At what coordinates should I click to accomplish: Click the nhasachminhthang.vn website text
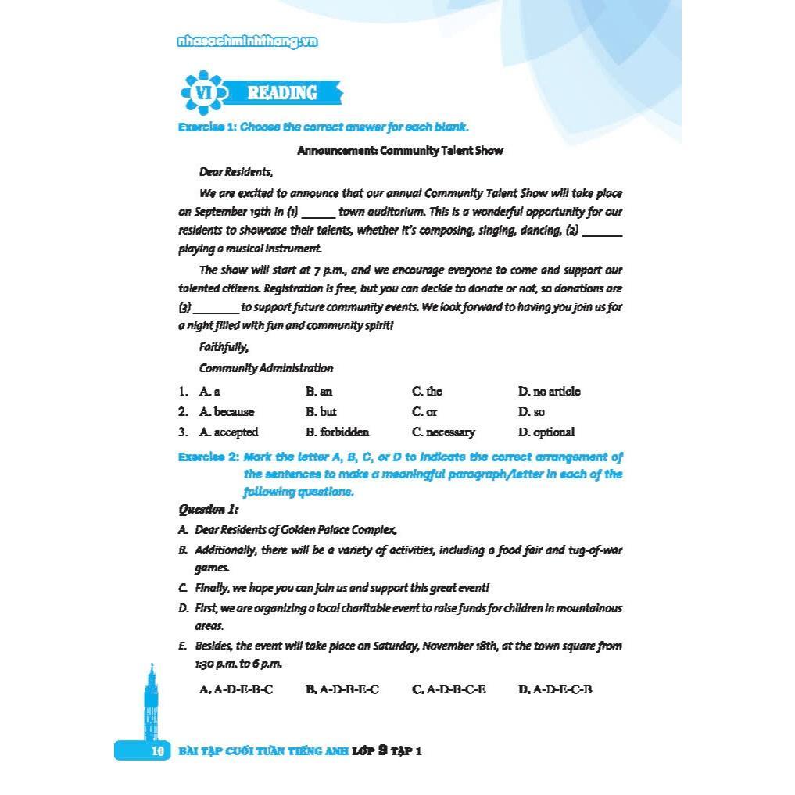point(248,43)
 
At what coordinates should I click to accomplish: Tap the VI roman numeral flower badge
point(203,93)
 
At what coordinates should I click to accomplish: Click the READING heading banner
point(282,93)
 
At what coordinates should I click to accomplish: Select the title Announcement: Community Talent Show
point(399,150)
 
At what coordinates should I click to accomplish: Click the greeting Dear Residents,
point(235,172)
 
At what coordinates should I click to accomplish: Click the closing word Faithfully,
point(224,347)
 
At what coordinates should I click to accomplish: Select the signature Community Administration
point(266,368)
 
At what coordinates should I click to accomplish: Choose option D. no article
point(549,391)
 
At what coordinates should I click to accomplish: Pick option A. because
point(227,411)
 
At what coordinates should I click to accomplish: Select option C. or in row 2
point(424,411)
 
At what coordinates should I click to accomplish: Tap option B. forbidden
point(337,432)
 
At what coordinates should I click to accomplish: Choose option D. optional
point(546,432)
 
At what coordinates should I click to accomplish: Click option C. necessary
point(443,432)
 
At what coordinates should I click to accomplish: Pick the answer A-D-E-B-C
point(236,689)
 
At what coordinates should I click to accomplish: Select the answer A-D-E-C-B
point(555,689)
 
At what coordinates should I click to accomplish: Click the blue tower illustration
point(151,704)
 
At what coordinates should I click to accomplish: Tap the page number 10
point(156,751)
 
